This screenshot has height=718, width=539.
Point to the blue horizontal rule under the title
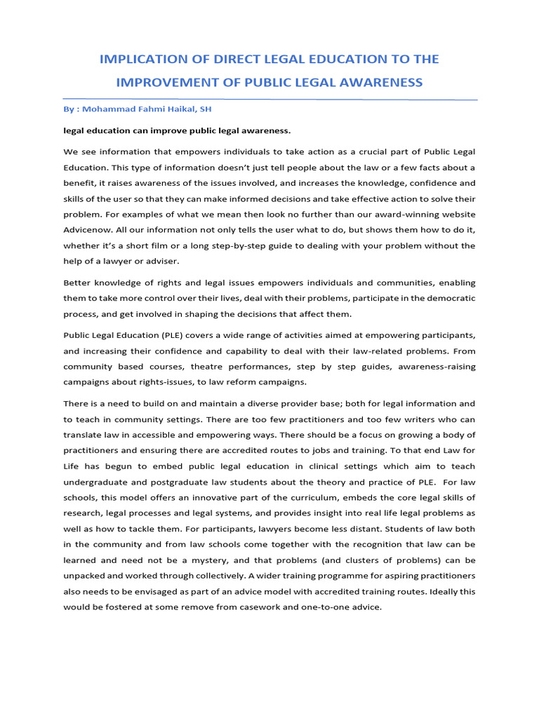point(269,99)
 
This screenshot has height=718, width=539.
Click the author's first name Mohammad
point(104,110)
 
